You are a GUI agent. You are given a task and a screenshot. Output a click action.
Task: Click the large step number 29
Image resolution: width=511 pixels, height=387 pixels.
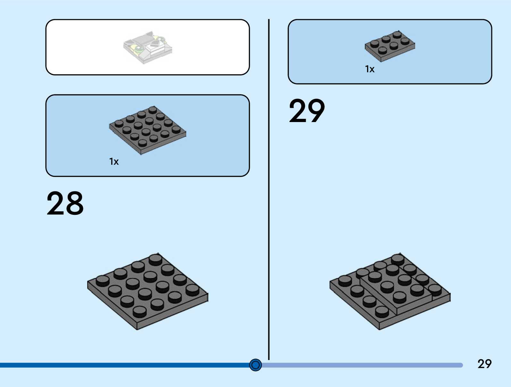(x=307, y=111)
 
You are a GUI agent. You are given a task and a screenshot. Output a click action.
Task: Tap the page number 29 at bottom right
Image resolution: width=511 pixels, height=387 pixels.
(x=484, y=364)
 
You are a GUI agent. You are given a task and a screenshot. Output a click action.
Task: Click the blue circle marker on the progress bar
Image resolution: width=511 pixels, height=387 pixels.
(x=255, y=365)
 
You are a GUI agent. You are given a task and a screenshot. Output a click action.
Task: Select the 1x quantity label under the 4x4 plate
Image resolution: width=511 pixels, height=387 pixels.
(x=114, y=161)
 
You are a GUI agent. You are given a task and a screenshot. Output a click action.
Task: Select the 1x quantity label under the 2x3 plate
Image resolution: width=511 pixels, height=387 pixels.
(x=370, y=69)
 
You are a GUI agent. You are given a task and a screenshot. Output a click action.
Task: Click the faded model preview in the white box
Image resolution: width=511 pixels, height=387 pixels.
(x=148, y=48)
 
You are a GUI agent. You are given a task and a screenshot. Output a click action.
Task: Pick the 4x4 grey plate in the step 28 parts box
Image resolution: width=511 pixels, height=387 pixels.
(x=147, y=130)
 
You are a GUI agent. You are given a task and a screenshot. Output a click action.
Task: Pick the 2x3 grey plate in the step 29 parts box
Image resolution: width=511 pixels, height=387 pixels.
(x=390, y=46)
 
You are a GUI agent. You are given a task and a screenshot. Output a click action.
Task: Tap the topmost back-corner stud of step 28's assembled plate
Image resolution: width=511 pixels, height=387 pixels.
(x=155, y=259)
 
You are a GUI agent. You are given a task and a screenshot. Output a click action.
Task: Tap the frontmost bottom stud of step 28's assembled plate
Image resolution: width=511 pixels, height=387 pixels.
(x=139, y=311)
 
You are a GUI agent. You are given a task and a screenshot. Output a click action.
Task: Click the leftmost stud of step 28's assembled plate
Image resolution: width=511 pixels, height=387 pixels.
(x=103, y=280)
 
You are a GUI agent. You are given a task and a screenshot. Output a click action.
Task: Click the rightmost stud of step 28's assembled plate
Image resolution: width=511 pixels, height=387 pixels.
(x=192, y=289)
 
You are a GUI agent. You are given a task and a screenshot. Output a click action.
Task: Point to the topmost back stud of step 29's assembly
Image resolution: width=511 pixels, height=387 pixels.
(x=398, y=259)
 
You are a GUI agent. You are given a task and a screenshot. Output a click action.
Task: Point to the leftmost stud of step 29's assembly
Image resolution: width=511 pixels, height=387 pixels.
(x=345, y=280)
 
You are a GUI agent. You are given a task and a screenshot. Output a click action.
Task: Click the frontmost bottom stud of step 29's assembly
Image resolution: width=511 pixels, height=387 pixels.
(x=382, y=311)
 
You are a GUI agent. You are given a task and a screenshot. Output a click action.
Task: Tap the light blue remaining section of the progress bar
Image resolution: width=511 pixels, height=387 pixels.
(x=362, y=365)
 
